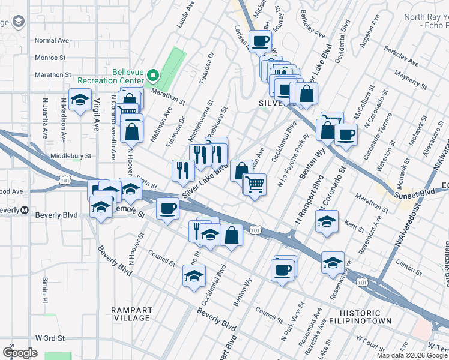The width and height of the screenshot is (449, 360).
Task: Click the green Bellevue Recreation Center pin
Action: (x=153, y=76)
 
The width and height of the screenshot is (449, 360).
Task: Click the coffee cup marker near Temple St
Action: (x=167, y=209)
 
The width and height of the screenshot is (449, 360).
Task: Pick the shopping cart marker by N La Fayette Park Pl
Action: (x=255, y=184)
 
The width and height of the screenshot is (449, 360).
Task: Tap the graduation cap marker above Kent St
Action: (x=327, y=221)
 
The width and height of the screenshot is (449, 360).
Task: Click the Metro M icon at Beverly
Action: (x=25, y=210)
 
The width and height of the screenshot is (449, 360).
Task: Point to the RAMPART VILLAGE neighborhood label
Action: (x=131, y=313)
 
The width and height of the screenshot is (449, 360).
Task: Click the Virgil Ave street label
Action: (x=96, y=117)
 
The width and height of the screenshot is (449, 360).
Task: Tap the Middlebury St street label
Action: (x=71, y=155)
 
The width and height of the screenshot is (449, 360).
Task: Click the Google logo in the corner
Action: (x=20, y=353)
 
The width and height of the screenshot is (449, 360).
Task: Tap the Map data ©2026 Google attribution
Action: (x=412, y=355)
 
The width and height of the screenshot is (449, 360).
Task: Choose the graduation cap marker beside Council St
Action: (x=194, y=276)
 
